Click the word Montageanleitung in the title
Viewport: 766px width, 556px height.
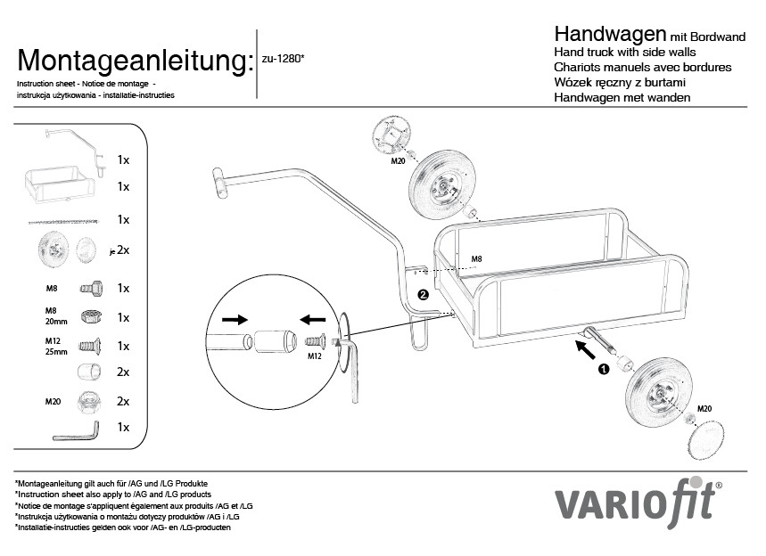[136, 61]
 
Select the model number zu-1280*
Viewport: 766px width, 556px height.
[283, 59]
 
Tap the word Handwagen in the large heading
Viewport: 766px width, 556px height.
[610, 34]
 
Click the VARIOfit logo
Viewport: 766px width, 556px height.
[638, 502]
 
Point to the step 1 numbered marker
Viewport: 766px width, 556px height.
[604, 369]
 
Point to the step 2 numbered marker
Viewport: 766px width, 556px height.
[424, 294]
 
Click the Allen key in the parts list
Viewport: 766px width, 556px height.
[76, 431]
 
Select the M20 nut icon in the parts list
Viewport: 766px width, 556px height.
[90, 402]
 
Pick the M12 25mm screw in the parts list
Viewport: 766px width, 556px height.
[90, 346]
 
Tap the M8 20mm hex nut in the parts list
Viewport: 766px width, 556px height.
[91, 316]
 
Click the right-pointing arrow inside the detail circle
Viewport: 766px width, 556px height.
[235, 320]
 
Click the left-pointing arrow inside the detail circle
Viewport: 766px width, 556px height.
[313, 320]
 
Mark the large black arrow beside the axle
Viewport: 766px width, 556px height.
[586, 350]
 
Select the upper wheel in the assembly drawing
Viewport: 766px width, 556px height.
[441, 180]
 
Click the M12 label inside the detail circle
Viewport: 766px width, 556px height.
[315, 356]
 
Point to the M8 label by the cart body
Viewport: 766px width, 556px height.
[476, 259]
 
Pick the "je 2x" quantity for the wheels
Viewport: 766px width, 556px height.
[119, 250]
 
